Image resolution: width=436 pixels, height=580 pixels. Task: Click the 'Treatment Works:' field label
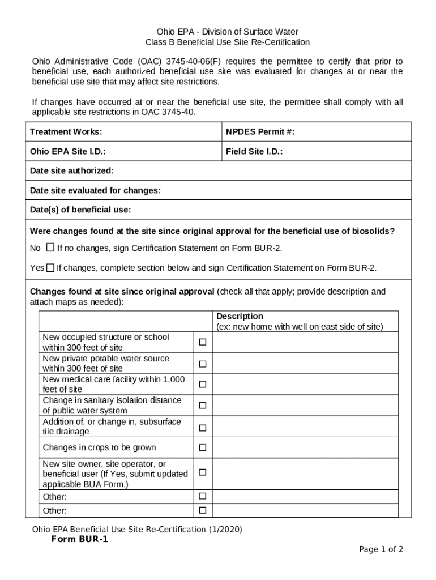coord(66,132)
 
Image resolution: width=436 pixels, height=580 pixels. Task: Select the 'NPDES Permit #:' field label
coord(260,132)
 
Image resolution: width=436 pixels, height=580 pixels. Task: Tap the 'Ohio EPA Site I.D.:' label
coord(68,152)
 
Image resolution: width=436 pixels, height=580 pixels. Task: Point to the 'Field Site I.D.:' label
coord(254,152)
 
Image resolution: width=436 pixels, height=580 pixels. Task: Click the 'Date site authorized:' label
coord(71,170)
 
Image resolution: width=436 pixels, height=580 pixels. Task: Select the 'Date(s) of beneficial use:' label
coord(80,210)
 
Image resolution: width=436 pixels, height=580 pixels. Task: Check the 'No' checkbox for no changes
coord(50,248)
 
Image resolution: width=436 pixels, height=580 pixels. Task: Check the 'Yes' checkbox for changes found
coord(50,267)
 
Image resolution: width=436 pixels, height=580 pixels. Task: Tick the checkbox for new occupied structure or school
coord(202,342)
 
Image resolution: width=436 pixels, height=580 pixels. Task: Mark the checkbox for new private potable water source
coord(202,364)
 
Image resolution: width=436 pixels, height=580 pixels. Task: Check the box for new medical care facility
coord(202,384)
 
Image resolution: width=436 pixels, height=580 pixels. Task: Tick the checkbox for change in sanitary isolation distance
coord(202,406)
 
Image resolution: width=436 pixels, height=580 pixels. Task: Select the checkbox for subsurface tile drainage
coord(202,427)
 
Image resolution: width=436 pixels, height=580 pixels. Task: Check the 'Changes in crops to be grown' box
coord(202,447)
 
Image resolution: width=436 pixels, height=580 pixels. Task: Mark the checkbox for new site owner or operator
coord(202,472)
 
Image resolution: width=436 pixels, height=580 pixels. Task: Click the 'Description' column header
coord(240,316)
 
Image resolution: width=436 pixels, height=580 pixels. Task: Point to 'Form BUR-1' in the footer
coord(80,539)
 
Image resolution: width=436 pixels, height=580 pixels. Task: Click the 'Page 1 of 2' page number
coord(381,549)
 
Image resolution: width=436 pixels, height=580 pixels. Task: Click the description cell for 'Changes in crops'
coord(305,447)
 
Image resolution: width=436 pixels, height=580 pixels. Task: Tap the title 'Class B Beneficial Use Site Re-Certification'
coord(228,42)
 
